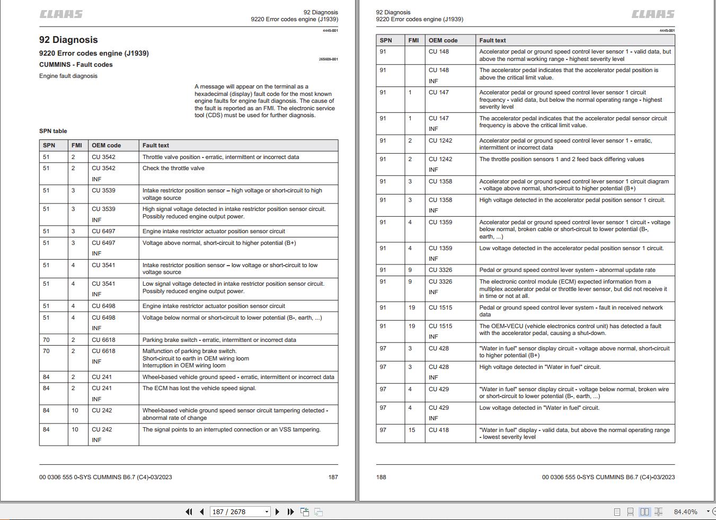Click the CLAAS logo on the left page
tap(61, 14)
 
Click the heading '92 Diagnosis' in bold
tap(68, 40)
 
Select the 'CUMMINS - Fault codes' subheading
tap(76, 65)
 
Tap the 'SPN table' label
tap(53, 131)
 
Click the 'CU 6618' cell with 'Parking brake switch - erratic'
tap(103, 340)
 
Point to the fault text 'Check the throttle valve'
tap(173, 168)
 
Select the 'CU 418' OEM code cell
tap(439, 430)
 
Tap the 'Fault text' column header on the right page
tap(492, 40)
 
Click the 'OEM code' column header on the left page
tap(106, 145)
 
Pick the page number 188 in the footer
tap(381, 477)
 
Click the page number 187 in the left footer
tap(333, 477)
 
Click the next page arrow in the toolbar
tap(277, 512)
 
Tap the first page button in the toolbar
tap(189, 512)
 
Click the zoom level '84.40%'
tap(685, 512)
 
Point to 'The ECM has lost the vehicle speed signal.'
tap(199, 388)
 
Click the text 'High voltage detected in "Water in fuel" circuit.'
tap(540, 367)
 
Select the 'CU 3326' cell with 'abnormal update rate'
tap(440, 270)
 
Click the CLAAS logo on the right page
tap(653, 14)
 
